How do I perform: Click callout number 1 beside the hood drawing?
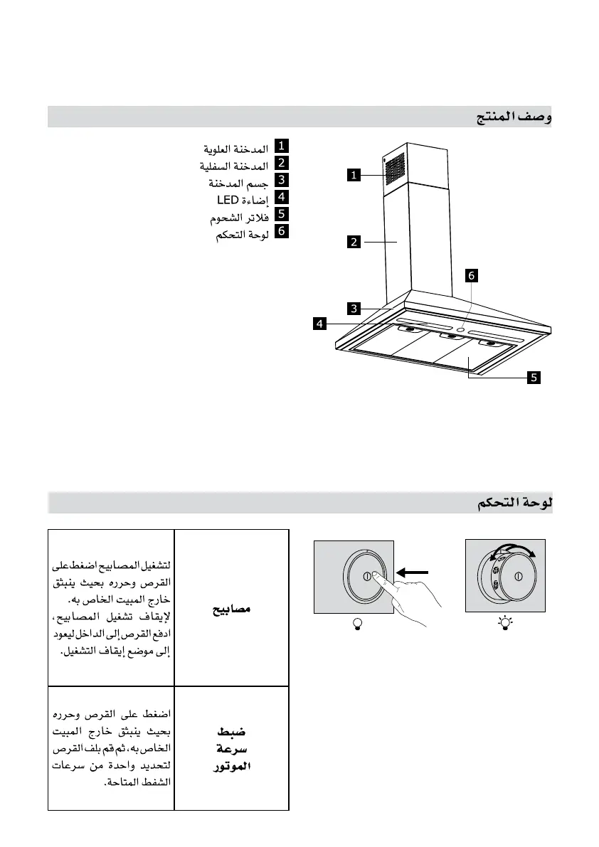(x=354, y=174)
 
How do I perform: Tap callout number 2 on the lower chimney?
(x=354, y=242)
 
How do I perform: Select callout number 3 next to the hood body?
(x=354, y=308)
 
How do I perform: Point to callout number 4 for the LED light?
(x=322, y=324)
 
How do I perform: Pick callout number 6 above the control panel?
(x=471, y=275)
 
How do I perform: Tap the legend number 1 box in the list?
(x=282, y=147)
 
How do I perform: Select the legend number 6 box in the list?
(x=282, y=231)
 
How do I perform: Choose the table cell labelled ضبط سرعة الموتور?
(x=232, y=749)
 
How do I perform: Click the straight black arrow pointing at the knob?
(x=415, y=571)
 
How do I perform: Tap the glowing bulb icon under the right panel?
(x=506, y=624)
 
